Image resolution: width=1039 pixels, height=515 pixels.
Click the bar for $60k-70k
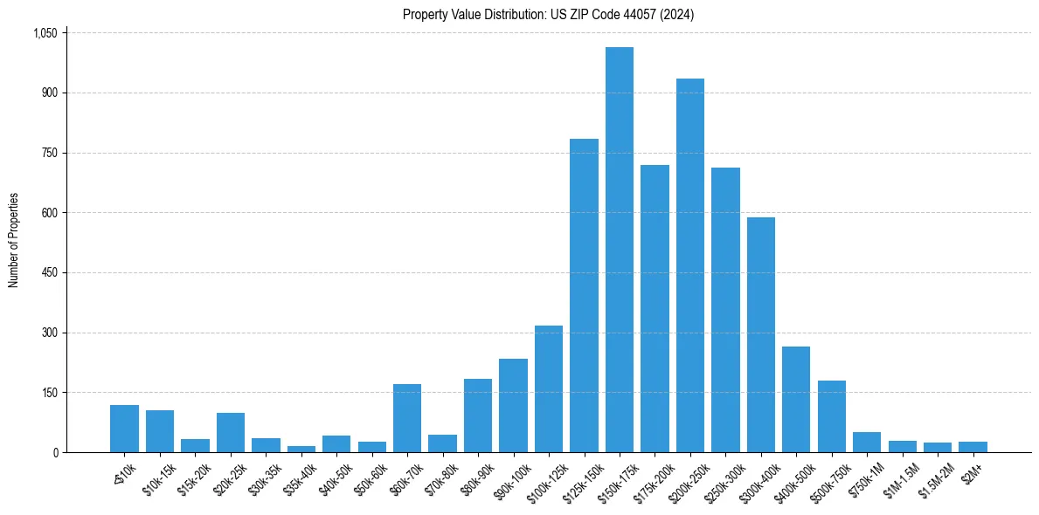pos(407,418)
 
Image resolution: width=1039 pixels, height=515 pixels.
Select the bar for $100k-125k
pos(548,388)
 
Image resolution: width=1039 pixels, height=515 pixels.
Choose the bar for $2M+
pos(973,447)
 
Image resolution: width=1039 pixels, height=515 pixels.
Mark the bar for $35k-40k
pos(301,449)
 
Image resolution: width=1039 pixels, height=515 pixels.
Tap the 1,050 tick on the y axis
pos(45,33)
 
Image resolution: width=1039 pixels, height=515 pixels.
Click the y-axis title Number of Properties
pos(13,241)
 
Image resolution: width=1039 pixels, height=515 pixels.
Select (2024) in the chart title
pos(678,15)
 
